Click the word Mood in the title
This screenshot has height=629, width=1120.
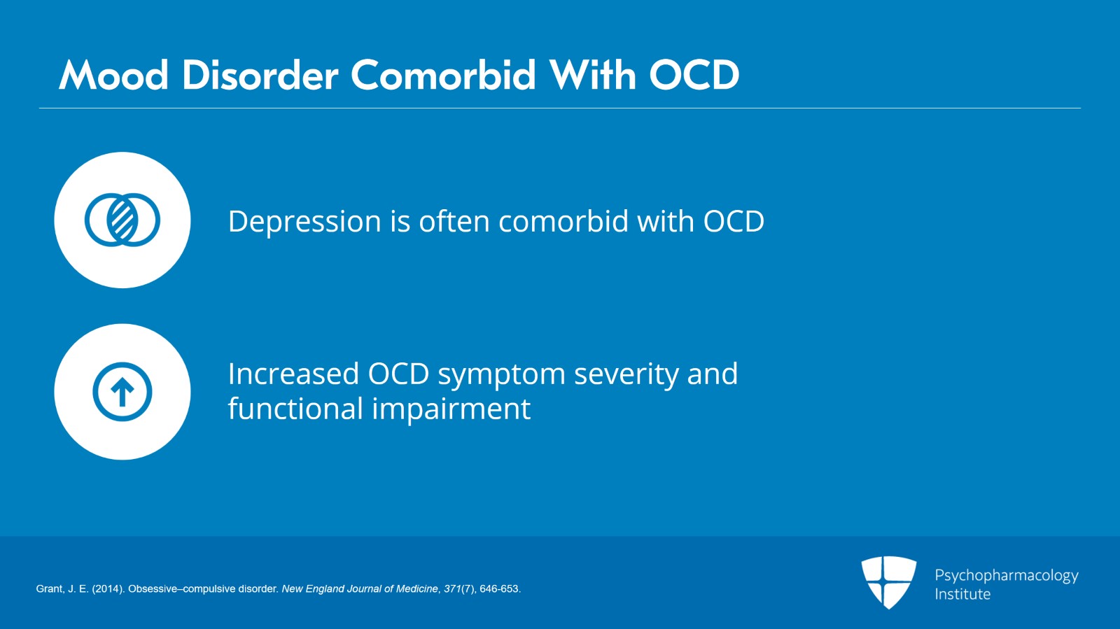(113, 76)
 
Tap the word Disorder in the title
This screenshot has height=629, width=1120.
(260, 76)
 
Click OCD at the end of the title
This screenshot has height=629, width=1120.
(694, 76)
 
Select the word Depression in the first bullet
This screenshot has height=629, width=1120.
(304, 222)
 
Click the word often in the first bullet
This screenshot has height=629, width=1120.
(454, 221)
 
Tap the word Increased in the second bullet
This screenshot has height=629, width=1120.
(293, 374)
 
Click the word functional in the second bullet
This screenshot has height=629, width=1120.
(295, 408)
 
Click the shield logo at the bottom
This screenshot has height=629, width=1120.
(888, 582)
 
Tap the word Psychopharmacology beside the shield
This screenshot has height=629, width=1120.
(1007, 576)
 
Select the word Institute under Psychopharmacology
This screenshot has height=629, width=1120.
(962, 594)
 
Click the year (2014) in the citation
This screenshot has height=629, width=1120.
(108, 589)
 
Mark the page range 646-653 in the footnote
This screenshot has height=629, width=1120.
(500, 589)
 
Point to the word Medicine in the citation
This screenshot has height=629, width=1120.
(417, 589)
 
